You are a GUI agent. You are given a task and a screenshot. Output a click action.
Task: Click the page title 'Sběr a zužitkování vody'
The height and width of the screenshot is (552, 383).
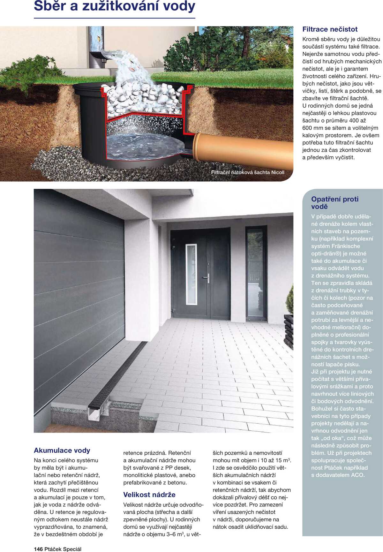(x=114, y=6)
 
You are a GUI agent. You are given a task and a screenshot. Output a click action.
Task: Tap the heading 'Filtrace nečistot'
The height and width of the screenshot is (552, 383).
(x=330, y=29)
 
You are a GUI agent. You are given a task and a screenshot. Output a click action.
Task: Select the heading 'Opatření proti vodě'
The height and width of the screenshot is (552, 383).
(x=334, y=203)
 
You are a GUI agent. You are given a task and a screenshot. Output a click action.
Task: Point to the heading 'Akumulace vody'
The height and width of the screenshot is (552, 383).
(x=62, y=450)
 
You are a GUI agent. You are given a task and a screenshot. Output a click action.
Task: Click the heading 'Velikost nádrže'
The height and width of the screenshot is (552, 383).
(x=149, y=495)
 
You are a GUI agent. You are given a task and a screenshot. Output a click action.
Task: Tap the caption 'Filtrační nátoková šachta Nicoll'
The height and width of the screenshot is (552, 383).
(x=247, y=172)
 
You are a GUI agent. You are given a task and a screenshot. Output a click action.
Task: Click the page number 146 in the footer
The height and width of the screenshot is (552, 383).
(x=38, y=549)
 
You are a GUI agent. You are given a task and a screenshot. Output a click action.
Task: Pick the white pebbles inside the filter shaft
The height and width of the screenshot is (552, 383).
(x=144, y=96)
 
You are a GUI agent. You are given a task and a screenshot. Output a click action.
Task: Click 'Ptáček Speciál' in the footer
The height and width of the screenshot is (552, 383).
(x=63, y=549)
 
